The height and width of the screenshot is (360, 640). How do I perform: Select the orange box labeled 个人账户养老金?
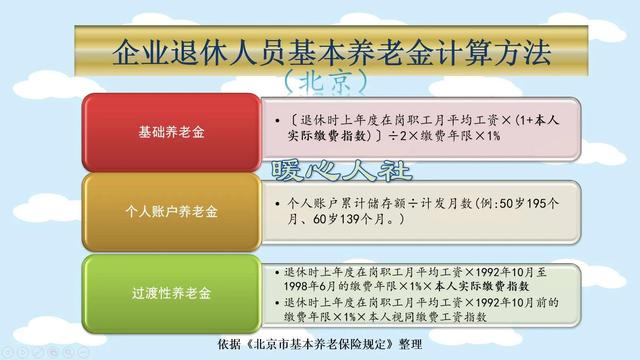click(171, 212)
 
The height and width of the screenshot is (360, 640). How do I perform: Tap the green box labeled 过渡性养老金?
click(171, 293)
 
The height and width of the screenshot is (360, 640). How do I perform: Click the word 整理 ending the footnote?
click(409, 343)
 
